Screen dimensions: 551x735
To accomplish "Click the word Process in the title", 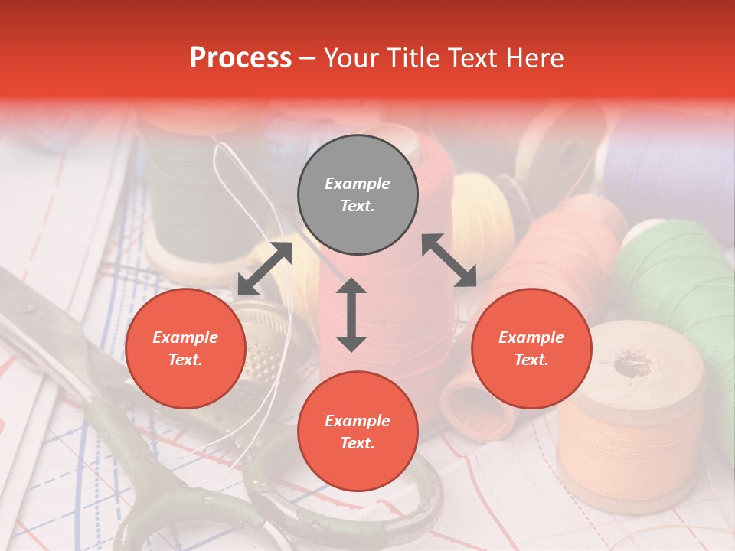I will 240,58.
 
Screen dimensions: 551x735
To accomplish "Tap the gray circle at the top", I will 358,195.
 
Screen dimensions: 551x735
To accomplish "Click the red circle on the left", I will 185,348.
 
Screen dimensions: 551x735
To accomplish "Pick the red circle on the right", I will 531,348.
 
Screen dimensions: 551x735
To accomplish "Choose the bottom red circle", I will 358,432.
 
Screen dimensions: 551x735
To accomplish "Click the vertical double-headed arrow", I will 351,315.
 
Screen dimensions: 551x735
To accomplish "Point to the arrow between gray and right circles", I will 449,260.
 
